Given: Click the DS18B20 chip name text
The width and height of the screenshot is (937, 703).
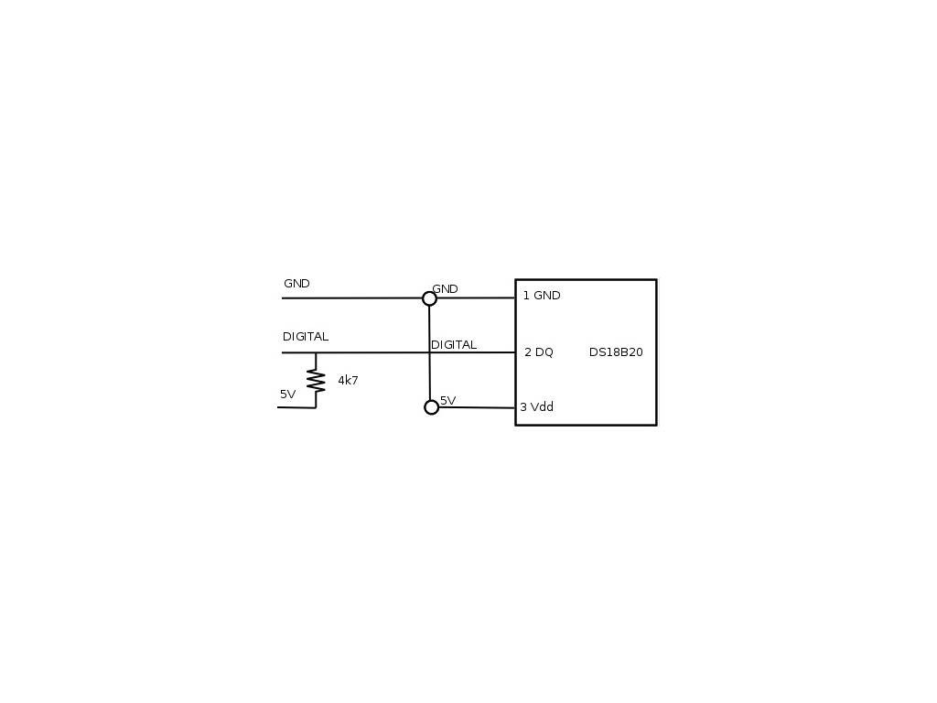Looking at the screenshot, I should point(616,352).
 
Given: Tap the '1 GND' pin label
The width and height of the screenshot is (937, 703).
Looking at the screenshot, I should point(542,296).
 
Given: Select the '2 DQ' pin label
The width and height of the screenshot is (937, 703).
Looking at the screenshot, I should point(539,352).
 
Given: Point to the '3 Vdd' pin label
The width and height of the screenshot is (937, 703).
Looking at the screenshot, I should point(537,407).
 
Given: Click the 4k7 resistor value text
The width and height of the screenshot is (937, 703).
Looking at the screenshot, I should point(348,380).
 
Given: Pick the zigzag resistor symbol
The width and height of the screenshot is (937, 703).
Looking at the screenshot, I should point(316,380).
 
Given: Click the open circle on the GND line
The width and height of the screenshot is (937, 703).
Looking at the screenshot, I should point(429,298).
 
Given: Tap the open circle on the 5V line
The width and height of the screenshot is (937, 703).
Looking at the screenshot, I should point(432,407).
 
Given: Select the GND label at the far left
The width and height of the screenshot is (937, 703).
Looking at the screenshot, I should point(296,284).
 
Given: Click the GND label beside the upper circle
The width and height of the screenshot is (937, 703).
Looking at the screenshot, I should point(446,289).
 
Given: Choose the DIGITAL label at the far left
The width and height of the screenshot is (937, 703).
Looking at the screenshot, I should point(306,337).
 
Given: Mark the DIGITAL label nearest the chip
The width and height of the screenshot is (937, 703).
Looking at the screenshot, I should point(454,345).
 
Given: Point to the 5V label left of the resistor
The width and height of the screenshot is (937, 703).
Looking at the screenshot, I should point(288,395).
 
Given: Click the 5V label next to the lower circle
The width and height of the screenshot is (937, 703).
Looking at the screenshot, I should point(448,401).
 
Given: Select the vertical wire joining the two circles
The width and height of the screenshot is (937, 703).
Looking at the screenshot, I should point(429,366).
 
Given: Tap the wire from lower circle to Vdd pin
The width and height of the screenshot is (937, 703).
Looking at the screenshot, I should point(477,407).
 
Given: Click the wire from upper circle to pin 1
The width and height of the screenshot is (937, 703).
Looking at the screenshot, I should point(476,297).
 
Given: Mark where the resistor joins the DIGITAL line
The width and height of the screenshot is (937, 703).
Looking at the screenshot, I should point(316,353).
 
